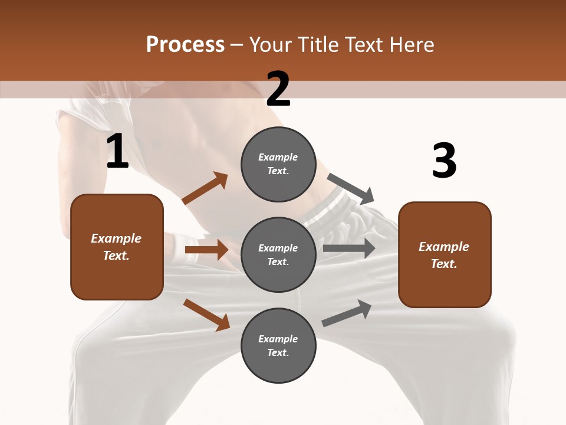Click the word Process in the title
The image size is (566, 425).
(185, 44)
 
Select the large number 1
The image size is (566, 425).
(117, 152)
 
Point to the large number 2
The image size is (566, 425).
(278, 89)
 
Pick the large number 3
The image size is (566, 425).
(444, 161)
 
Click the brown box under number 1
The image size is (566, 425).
(117, 247)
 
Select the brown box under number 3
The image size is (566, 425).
(445, 255)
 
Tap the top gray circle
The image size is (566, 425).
(278, 164)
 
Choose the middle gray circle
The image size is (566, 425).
(278, 255)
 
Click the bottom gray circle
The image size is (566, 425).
(278, 346)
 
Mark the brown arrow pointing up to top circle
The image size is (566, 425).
(205, 188)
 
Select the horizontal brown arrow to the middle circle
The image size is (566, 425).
(206, 250)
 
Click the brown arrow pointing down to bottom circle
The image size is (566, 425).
(207, 314)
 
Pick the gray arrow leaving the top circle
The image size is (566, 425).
(351, 188)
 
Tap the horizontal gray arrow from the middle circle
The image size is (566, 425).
(348, 248)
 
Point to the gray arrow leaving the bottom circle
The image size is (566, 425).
(347, 313)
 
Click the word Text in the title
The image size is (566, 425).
(363, 44)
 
